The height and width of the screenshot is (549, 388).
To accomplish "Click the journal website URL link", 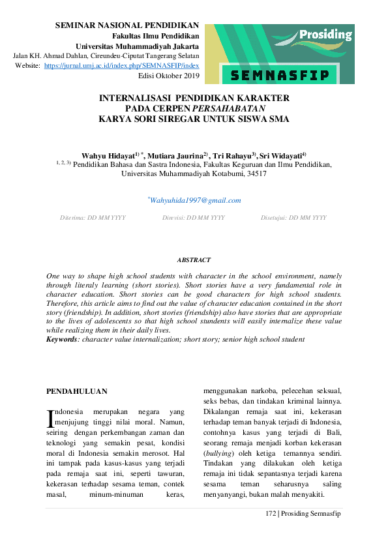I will click(121, 67).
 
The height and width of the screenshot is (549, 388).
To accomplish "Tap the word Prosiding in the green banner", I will click(326, 35).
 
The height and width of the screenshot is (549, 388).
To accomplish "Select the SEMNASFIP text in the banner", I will click(278, 76).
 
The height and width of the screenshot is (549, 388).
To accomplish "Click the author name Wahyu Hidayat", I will click(108, 156).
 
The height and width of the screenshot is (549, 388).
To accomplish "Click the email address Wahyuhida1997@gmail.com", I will click(196, 200).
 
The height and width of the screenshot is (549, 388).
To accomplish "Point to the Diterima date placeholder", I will click(93, 217).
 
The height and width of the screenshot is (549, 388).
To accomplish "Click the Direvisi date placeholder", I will click(194, 217).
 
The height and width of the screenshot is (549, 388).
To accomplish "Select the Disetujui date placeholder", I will click(293, 217).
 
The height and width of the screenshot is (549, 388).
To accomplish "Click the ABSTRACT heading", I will click(194, 260).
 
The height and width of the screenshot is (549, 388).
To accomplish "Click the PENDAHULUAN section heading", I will click(77, 391).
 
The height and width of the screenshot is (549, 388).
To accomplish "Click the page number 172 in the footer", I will click(271, 514).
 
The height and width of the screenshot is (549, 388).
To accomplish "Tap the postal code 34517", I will click(254, 175).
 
